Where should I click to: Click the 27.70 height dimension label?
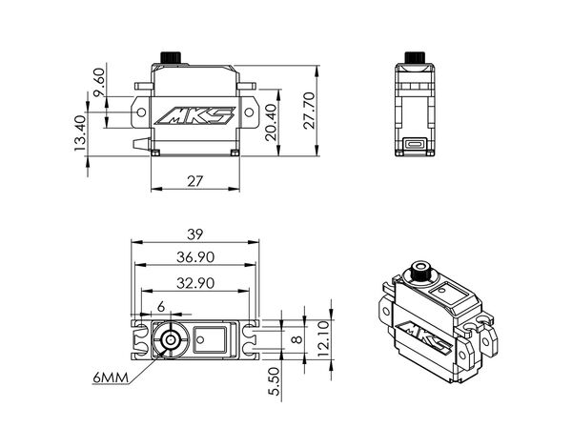pyautogui.click(x=309, y=111)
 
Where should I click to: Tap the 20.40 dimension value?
pyautogui.click(x=272, y=123)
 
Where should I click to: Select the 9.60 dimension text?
pyautogui.click(x=99, y=83)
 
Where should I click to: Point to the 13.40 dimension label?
pyautogui.click(x=79, y=133)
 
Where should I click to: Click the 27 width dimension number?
pyautogui.click(x=195, y=181)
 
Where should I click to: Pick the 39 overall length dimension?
pyautogui.click(x=194, y=234)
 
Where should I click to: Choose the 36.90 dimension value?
pyautogui.click(x=195, y=257)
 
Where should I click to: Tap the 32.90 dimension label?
pyautogui.click(x=195, y=283)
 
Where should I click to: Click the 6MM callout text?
pyautogui.click(x=111, y=377)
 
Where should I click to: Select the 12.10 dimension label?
pyautogui.click(x=324, y=339)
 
